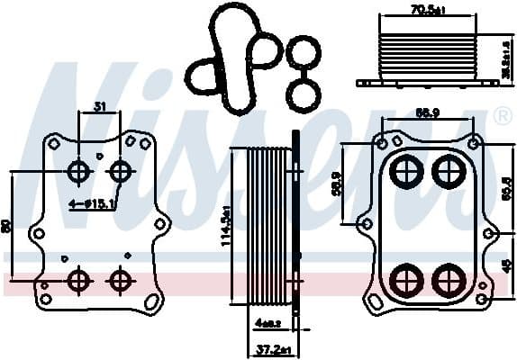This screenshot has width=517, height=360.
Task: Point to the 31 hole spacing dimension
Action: point(99,106)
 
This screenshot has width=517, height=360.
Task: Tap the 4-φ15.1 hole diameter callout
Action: point(93,204)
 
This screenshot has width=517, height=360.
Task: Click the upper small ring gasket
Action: point(304,54)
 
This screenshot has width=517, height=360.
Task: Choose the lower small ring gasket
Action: point(302,94)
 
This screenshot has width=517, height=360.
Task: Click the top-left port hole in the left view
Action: point(79,171)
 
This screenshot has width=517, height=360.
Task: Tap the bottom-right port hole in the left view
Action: point(120,281)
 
